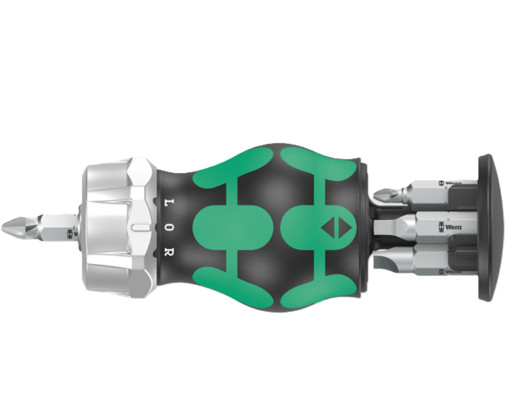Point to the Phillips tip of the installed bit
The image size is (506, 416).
tap(14, 227)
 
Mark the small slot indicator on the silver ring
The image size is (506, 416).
tap(141, 227)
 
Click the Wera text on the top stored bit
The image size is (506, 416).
tap(455, 184)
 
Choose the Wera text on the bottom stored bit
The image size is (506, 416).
tap(453, 271)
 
